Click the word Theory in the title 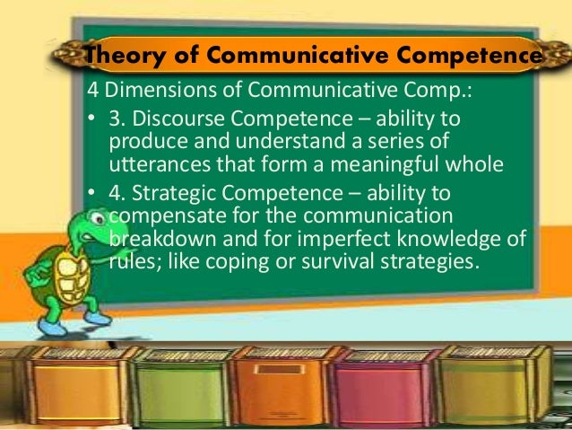[115, 57]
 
